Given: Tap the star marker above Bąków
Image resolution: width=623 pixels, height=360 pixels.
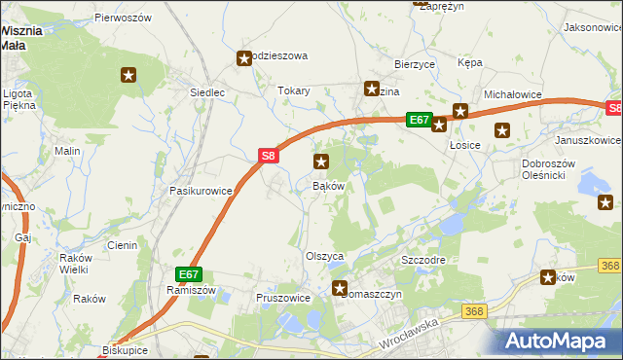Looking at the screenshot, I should [x=321, y=162].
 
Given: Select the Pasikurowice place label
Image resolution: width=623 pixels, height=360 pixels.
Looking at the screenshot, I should [x=202, y=192].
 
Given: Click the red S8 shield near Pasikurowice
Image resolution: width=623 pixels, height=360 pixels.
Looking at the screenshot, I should [x=270, y=155].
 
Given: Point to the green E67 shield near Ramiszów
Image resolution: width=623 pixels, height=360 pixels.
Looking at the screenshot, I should [x=189, y=274].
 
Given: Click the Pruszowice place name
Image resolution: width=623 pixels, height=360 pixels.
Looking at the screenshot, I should [x=282, y=298].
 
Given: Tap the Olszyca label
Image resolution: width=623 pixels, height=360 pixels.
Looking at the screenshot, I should [x=326, y=256].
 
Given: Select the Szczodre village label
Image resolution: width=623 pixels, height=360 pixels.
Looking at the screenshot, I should [x=423, y=262].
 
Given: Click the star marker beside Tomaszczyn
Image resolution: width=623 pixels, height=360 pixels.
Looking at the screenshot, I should [x=340, y=287].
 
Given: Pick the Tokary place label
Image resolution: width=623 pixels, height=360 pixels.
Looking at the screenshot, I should [x=294, y=90].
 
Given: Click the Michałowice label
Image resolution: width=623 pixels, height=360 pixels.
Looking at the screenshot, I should [x=512, y=93].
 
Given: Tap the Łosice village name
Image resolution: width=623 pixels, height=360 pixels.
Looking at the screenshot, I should [x=466, y=145].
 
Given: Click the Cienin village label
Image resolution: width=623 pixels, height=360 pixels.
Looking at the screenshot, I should [x=123, y=245].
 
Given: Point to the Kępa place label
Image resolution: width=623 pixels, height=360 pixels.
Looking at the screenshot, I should [x=470, y=62].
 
